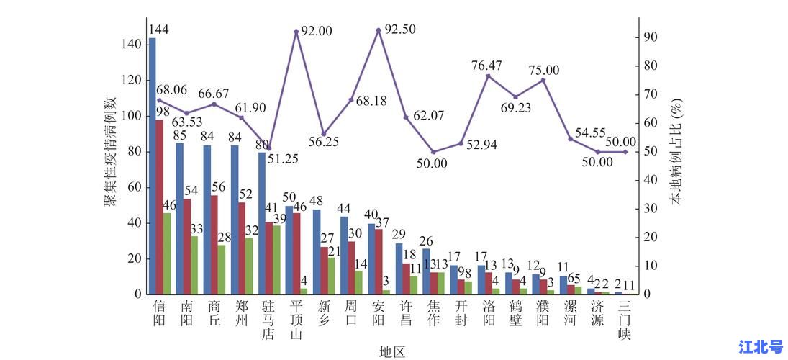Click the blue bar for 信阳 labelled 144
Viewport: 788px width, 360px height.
point(152,166)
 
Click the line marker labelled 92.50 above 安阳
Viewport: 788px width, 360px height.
point(379,30)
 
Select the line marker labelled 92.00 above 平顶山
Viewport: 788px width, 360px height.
point(296,32)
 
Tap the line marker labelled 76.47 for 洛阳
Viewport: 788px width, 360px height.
point(488,76)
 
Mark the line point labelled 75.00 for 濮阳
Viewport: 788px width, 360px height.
point(543,80)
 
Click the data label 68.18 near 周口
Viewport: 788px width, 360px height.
point(371,102)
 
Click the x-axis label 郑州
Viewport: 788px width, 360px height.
point(242,312)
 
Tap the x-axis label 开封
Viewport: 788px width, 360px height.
point(461,312)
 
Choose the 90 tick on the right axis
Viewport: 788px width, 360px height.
point(651,37)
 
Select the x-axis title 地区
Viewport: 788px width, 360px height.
point(393,351)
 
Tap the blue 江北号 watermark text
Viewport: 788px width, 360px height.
point(761,347)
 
